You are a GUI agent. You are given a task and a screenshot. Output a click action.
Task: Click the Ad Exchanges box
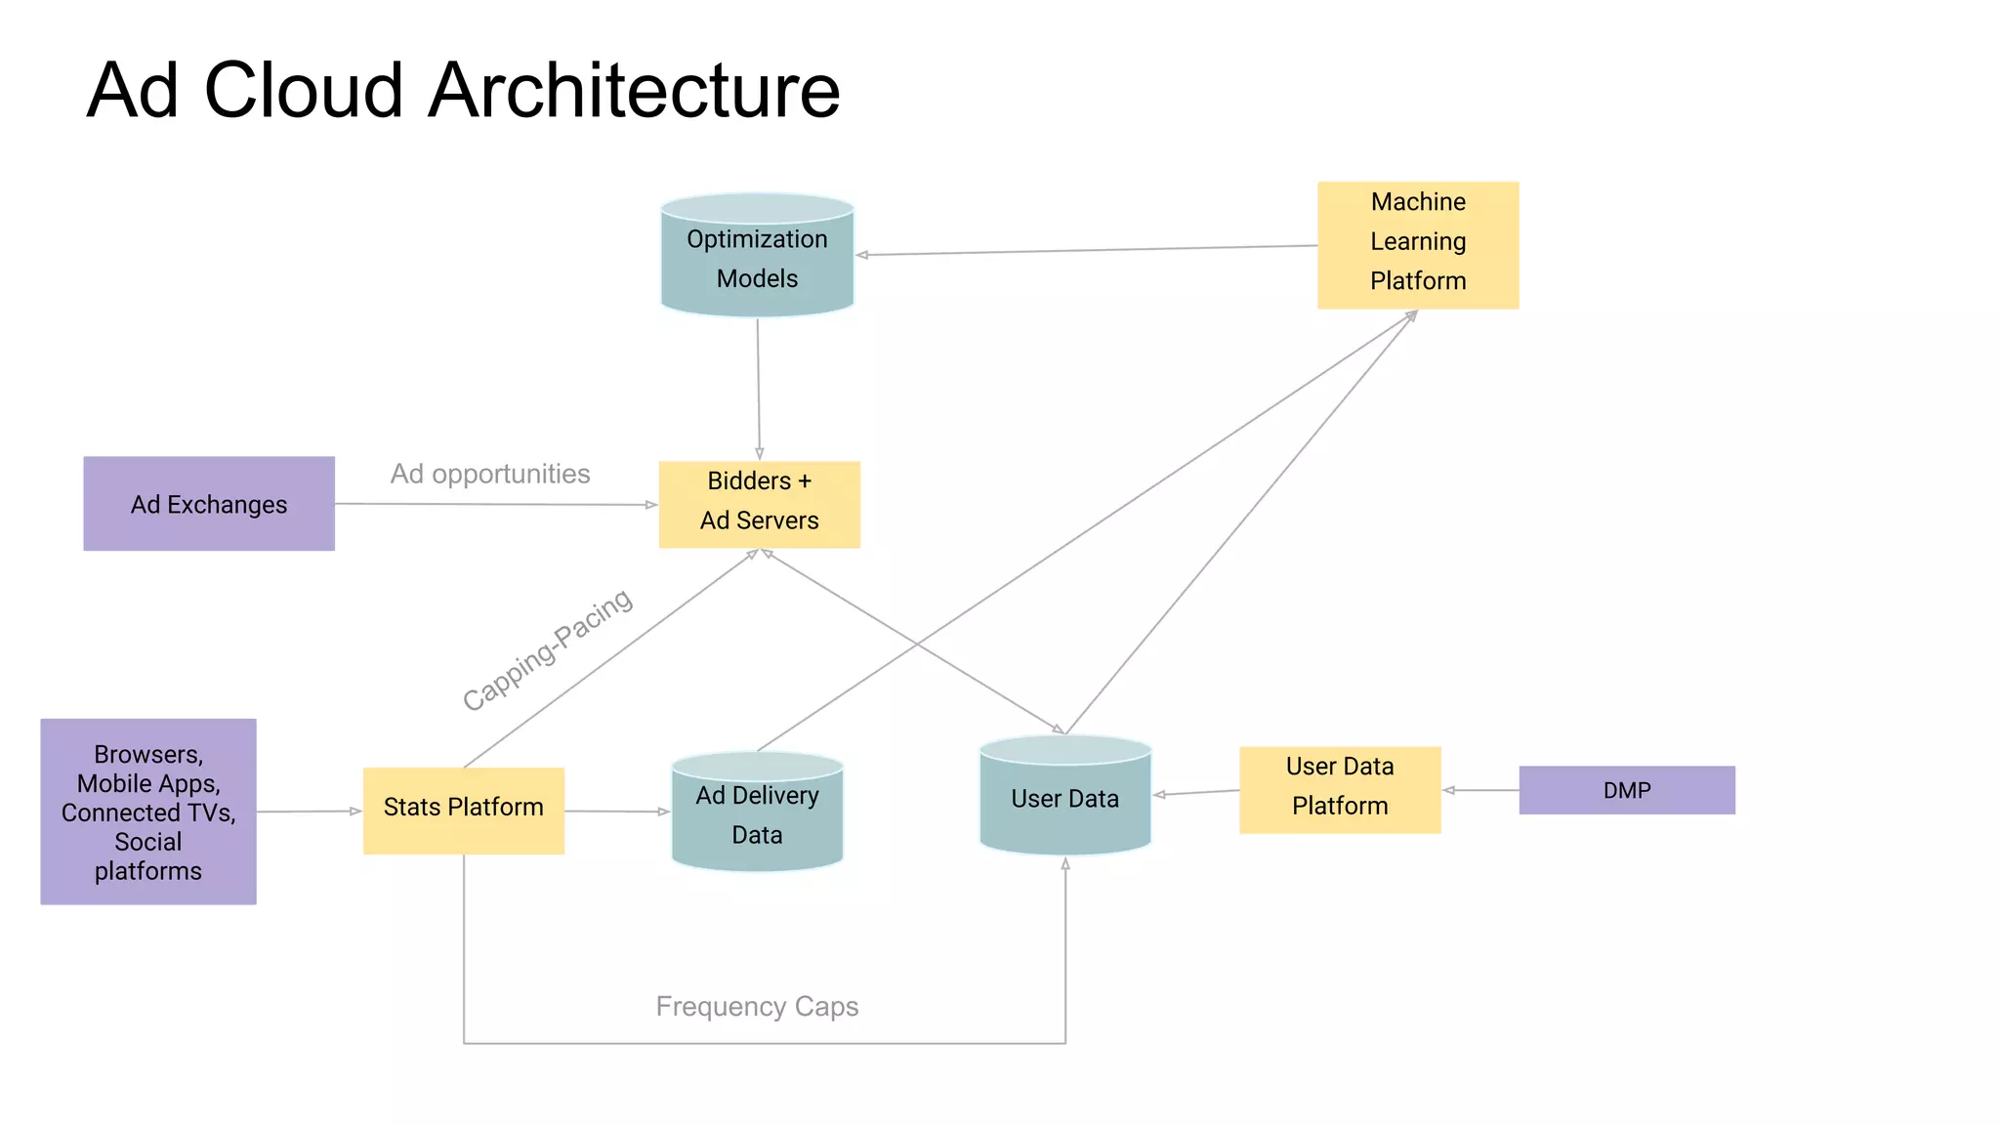click(x=208, y=504)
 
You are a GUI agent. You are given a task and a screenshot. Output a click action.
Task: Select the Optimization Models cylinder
click(x=757, y=259)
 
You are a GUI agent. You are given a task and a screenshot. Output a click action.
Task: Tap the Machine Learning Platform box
click(x=1417, y=244)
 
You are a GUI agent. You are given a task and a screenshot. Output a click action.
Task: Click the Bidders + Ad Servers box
click(x=759, y=504)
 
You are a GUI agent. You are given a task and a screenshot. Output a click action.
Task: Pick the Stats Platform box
click(x=463, y=810)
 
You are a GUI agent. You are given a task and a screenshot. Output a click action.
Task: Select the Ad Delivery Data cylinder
click(x=757, y=815)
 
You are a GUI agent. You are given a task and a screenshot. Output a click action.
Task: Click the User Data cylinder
click(x=1064, y=799)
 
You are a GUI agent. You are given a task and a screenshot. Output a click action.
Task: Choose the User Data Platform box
click(x=1339, y=789)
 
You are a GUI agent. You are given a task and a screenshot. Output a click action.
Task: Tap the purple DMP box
click(x=1626, y=790)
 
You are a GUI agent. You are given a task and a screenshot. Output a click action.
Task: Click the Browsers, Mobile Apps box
click(x=148, y=812)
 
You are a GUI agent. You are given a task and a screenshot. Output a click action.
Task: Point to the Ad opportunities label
click(x=490, y=474)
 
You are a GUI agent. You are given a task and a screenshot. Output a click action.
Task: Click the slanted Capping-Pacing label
click(x=547, y=649)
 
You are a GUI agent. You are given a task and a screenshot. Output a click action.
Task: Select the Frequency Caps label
click(x=757, y=1006)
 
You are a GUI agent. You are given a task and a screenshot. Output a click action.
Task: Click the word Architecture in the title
click(x=634, y=90)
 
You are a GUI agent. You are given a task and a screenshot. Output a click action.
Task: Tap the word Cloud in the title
click(x=303, y=90)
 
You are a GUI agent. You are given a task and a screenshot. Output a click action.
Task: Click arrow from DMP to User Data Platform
click(x=1480, y=790)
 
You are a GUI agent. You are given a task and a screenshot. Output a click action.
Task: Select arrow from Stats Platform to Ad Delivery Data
click(x=617, y=812)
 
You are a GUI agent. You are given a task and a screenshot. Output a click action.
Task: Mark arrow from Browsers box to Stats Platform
click(x=309, y=812)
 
